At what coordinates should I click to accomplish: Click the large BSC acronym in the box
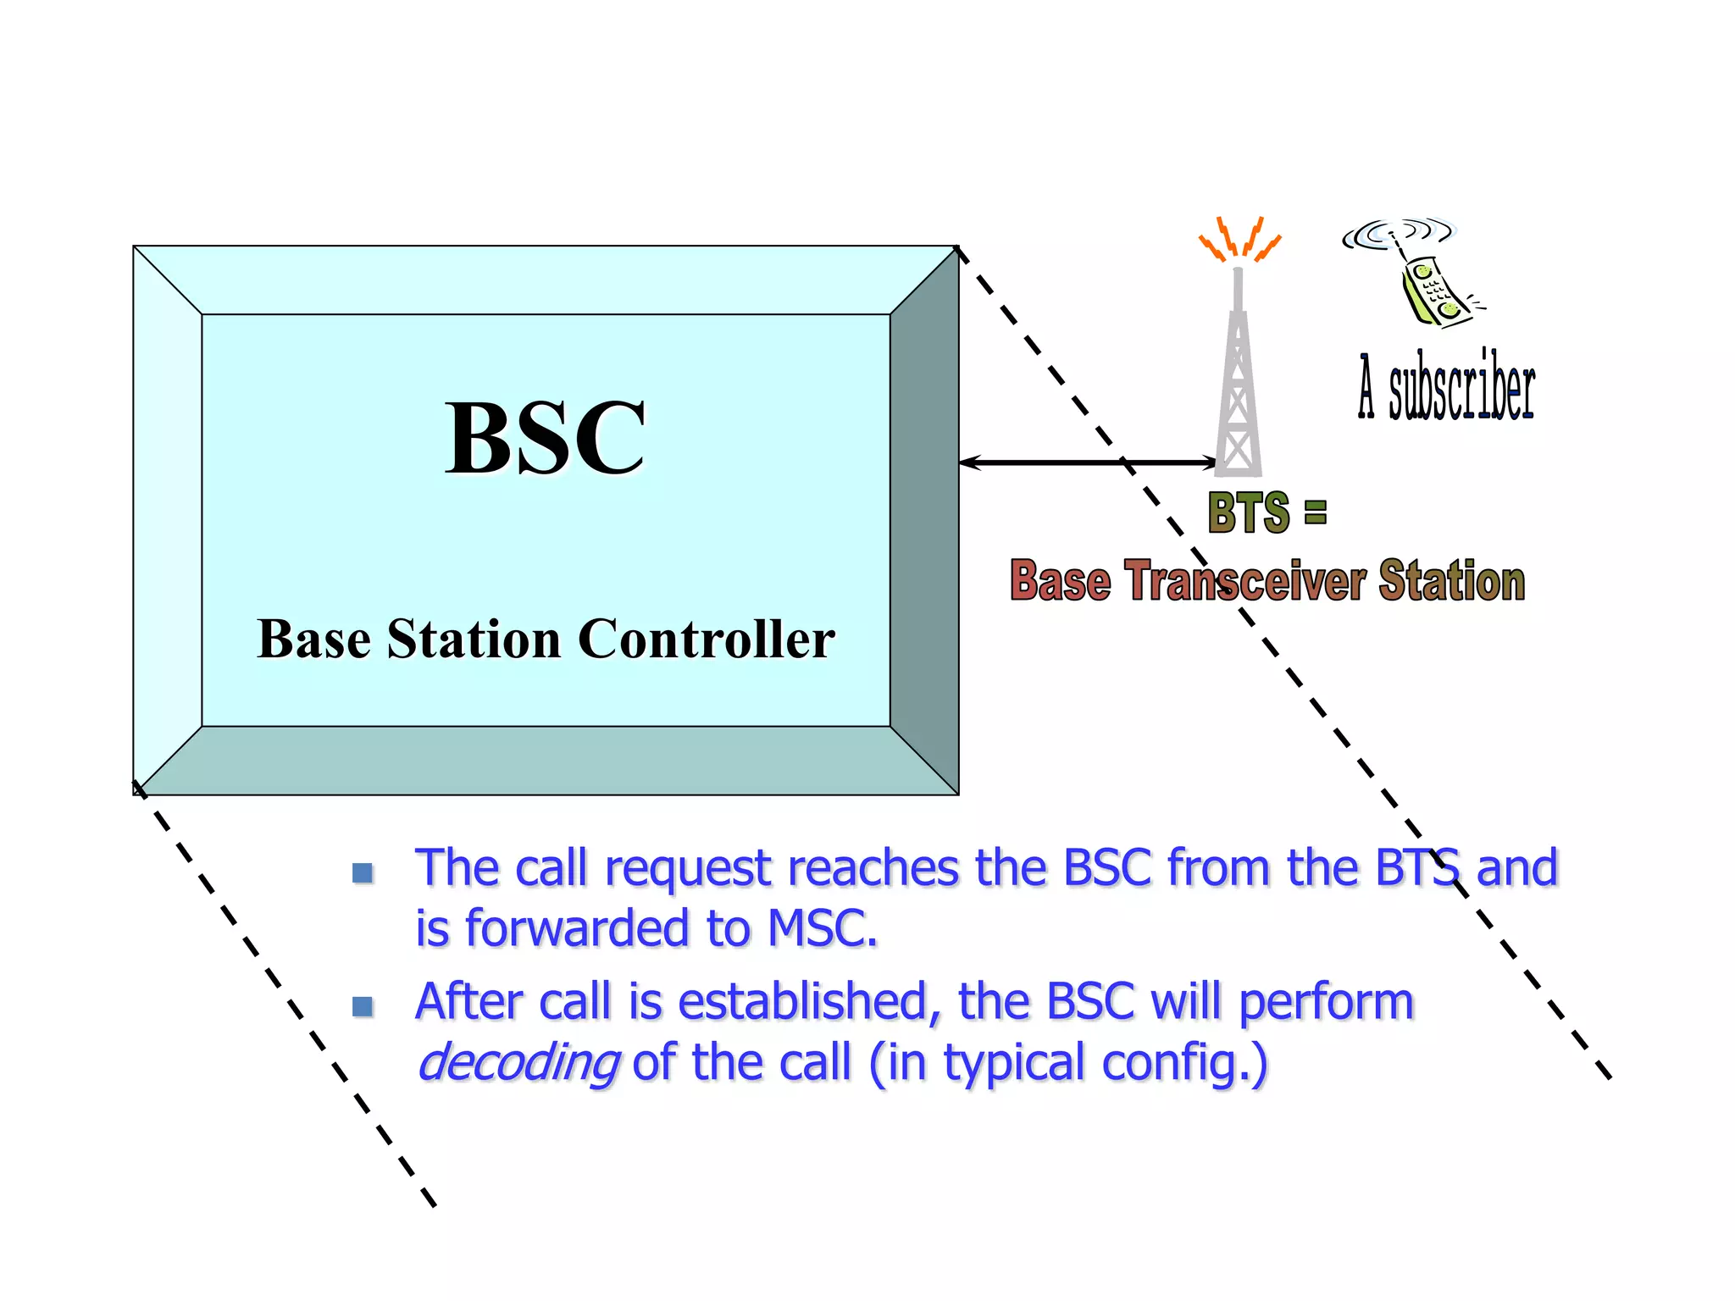[x=545, y=439]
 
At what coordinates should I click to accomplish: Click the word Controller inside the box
[x=706, y=639]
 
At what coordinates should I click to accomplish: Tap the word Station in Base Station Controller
[x=474, y=639]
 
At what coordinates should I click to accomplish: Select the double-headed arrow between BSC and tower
[x=1087, y=462]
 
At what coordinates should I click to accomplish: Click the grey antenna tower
[x=1239, y=381]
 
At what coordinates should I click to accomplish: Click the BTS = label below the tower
[x=1267, y=512]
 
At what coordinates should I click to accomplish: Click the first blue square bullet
[x=363, y=872]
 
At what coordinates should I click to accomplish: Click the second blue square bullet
[x=363, y=1005]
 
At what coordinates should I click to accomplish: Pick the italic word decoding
[x=518, y=1063]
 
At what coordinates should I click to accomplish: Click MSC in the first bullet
[x=821, y=929]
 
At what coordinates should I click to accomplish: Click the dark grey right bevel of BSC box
[x=924, y=520]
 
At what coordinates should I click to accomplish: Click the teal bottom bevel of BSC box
[x=546, y=761]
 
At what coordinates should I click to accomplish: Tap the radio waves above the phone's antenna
[x=1396, y=233]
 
